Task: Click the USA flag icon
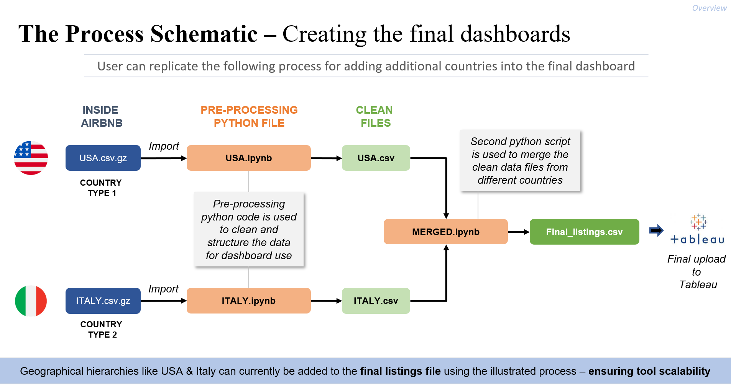click(x=31, y=158)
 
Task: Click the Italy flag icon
click(x=31, y=301)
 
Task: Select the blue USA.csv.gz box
click(x=103, y=158)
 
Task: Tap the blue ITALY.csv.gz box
click(x=103, y=301)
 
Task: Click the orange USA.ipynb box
click(x=248, y=158)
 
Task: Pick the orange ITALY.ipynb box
click(x=248, y=301)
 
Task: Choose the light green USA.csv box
click(x=376, y=158)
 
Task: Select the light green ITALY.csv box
click(x=376, y=301)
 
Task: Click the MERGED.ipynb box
click(x=445, y=232)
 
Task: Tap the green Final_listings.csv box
click(x=584, y=232)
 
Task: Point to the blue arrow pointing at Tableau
click(x=656, y=230)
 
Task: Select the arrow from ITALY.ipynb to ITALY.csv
click(x=326, y=301)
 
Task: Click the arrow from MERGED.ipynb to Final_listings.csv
click(x=519, y=232)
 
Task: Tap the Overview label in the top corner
click(x=709, y=8)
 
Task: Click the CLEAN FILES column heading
click(x=375, y=116)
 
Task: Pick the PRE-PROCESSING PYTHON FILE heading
click(x=249, y=116)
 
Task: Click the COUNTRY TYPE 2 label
click(x=102, y=329)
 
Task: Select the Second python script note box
click(x=520, y=160)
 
